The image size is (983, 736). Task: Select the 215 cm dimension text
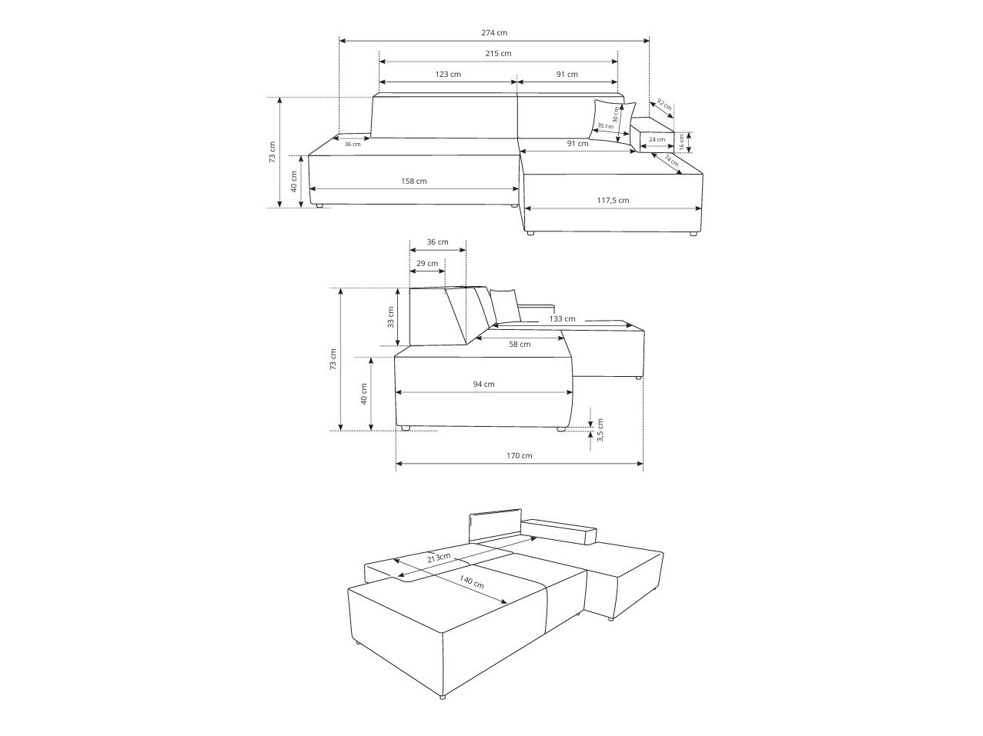pos(499,54)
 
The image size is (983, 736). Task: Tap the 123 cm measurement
pos(448,75)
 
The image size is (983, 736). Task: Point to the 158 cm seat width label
pos(414,182)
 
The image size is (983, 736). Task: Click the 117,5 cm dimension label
pos(613,201)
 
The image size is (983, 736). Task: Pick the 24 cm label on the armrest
pos(656,140)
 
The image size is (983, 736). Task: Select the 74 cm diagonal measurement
pos(671,162)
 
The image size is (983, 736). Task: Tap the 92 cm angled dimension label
pos(664,105)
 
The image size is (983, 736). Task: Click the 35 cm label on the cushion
pos(605,126)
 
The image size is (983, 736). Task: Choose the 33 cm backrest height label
pos(390,317)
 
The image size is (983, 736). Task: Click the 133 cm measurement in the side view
pos(562,318)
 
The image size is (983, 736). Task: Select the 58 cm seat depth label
pos(520,345)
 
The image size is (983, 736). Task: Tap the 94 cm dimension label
pos(484,385)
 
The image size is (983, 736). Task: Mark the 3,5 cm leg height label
pos(600,430)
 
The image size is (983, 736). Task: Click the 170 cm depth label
pos(520,456)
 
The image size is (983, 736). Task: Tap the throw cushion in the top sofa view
pos(612,119)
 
